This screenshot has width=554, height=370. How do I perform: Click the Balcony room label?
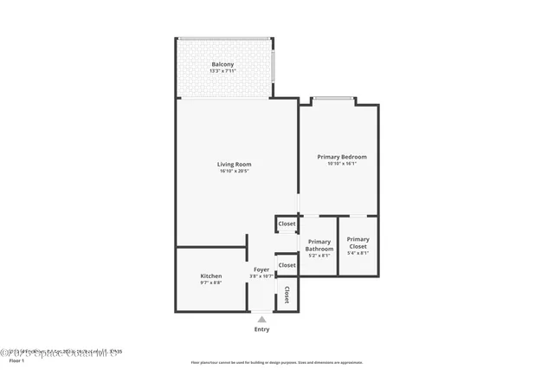coord(222,65)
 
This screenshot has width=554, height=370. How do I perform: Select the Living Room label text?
coord(235,164)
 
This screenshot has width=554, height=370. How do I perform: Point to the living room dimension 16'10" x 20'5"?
coord(235,172)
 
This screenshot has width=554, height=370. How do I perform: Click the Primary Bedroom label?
coord(342,157)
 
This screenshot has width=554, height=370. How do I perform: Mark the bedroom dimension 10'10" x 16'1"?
coord(342,164)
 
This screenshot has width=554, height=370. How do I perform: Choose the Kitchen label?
coord(211,276)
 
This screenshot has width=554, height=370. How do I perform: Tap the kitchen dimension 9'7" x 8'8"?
coord(211,283)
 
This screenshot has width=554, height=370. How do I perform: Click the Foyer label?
coord(261,269)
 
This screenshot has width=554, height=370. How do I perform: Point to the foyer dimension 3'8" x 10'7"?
coord(261,276)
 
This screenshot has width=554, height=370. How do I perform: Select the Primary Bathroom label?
coord(319,245)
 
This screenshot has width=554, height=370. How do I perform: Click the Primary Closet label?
coord(358,243)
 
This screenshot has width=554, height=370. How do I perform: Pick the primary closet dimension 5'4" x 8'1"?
coord(358,253)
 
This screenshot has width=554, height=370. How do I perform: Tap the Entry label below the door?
coord(261,329)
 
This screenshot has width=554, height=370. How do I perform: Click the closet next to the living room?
coord(287,224)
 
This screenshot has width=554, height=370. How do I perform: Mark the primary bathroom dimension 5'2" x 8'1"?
coord(319,256)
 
